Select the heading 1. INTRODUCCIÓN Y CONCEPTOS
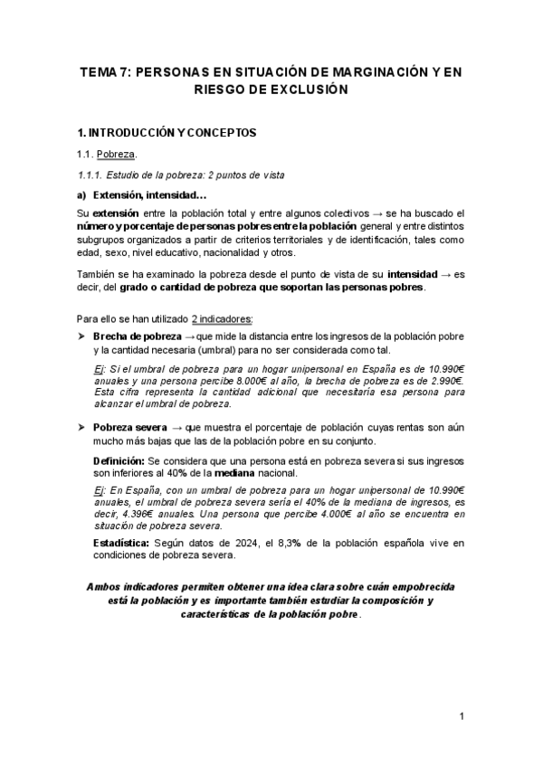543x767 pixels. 167,133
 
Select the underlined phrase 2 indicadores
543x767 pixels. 223,318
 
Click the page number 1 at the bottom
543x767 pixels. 462,717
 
